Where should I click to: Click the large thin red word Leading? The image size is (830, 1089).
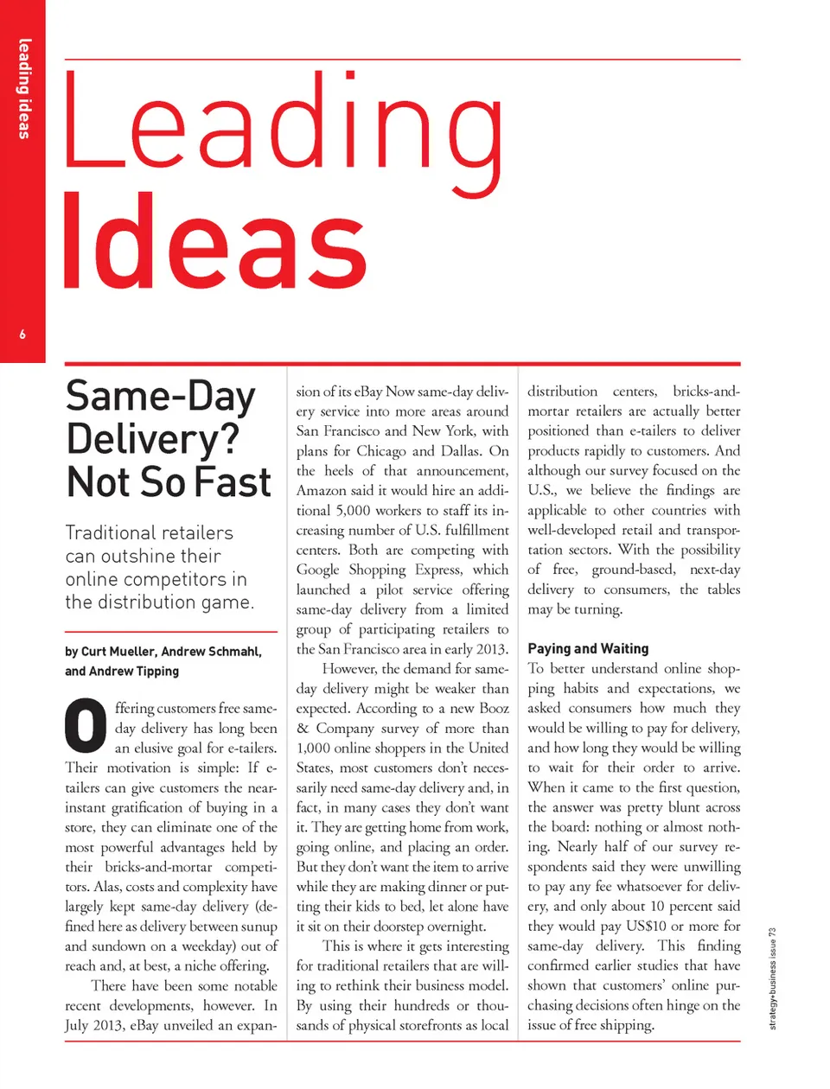(284, 125)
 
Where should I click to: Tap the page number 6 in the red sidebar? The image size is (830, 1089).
(22, 334)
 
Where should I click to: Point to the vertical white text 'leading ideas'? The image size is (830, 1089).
(23, 89)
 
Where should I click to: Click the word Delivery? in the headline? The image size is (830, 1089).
(152, 439)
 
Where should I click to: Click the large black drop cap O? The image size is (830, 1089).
(86, 726)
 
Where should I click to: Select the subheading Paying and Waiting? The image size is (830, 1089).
(588, 648)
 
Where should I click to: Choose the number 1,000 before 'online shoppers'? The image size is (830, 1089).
(317, 748)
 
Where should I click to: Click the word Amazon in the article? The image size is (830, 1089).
(322, 490)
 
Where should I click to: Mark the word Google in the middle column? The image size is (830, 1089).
(318, 570)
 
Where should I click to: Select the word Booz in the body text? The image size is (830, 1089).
(494, 708)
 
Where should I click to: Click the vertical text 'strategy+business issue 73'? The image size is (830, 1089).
(773, 978)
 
